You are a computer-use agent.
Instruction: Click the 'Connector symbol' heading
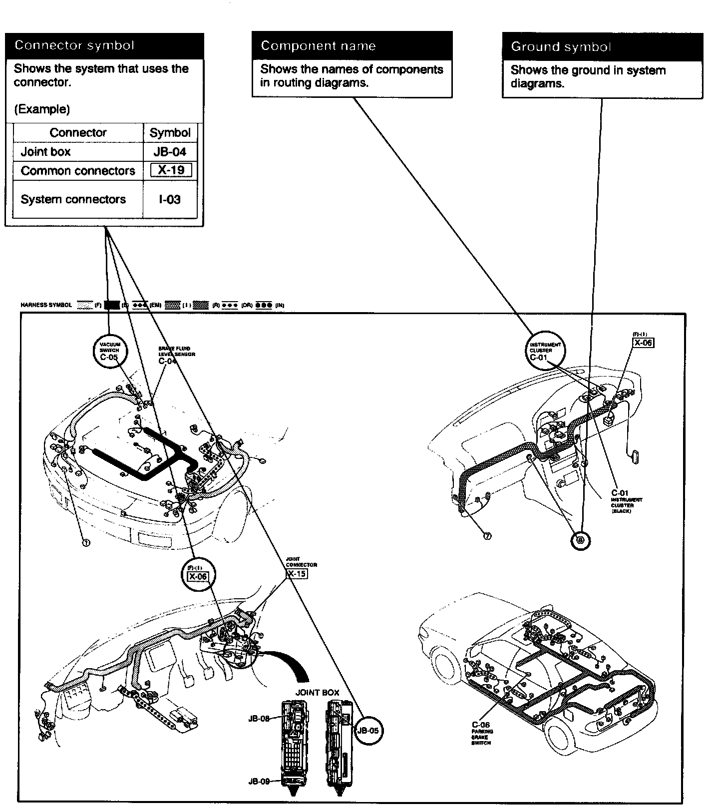point(74,45)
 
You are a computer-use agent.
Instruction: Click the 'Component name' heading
point(318,46)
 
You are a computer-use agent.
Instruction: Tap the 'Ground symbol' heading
point(561,47)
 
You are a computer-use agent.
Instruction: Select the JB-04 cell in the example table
point(170,152)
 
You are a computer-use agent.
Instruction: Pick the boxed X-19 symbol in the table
point(171,170)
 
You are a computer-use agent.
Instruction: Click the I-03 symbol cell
point(170,199)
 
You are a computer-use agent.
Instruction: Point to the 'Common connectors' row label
point(78,171)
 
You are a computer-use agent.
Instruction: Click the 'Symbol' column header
point(170,133)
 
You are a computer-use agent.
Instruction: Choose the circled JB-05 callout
point(368,730)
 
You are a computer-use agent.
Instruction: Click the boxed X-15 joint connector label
point(297,573)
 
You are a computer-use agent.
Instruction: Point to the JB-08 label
point(259,719)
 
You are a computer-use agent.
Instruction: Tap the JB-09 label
point(259,781)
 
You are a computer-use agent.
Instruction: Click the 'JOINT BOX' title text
point(317,693)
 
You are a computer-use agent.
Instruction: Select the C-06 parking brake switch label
point(481,725)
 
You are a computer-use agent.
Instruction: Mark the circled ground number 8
point(580,539)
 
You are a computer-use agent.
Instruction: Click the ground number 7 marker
point(487,536)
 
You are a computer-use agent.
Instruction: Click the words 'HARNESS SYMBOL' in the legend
point(46,305)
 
